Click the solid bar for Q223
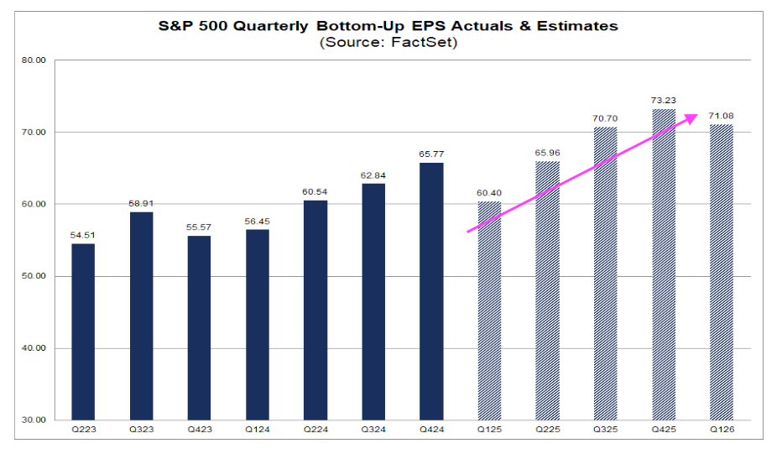click(83, 331)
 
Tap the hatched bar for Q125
click(489, 310)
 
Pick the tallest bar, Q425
click(664, 264)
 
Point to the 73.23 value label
click(664, 100)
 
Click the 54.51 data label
click(83, 235)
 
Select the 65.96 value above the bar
click(548, 153)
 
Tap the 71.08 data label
click(722, 116)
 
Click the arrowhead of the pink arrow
click(692, 117)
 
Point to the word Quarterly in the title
click(258, 26)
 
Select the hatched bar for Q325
click(606, 274)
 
